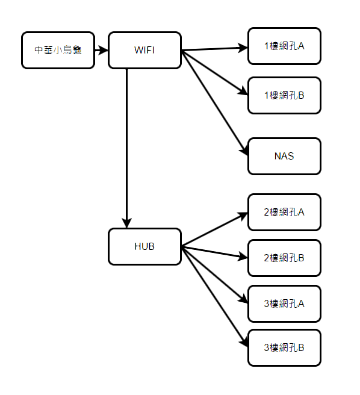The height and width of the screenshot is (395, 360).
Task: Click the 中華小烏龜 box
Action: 58,50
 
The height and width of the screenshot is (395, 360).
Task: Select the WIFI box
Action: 144,50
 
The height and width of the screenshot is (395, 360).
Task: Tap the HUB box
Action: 144,246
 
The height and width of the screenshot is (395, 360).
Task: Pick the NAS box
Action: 284,156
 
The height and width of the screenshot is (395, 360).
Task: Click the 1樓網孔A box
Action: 284,46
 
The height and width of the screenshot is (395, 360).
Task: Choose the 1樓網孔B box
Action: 284,96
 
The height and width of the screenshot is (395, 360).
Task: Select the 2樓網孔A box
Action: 284,212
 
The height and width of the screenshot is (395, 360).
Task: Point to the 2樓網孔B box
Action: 284,258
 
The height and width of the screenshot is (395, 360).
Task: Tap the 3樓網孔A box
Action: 284,303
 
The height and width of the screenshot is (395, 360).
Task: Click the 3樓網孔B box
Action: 284,347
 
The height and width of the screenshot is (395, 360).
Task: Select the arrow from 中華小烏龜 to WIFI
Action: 101,50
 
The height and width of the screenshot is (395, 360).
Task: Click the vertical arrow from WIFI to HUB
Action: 126,148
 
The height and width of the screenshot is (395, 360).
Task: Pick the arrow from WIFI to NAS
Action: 214,103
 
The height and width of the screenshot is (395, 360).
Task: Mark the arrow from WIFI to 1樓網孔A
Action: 214,49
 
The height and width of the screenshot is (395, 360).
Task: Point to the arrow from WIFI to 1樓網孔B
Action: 214,73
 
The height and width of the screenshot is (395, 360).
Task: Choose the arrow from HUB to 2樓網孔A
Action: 214,229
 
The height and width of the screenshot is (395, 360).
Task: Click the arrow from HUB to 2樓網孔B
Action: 214,252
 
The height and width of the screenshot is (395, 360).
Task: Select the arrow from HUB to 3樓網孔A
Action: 214,275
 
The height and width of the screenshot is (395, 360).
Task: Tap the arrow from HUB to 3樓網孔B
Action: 214,297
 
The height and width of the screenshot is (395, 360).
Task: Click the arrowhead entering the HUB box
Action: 126,223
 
